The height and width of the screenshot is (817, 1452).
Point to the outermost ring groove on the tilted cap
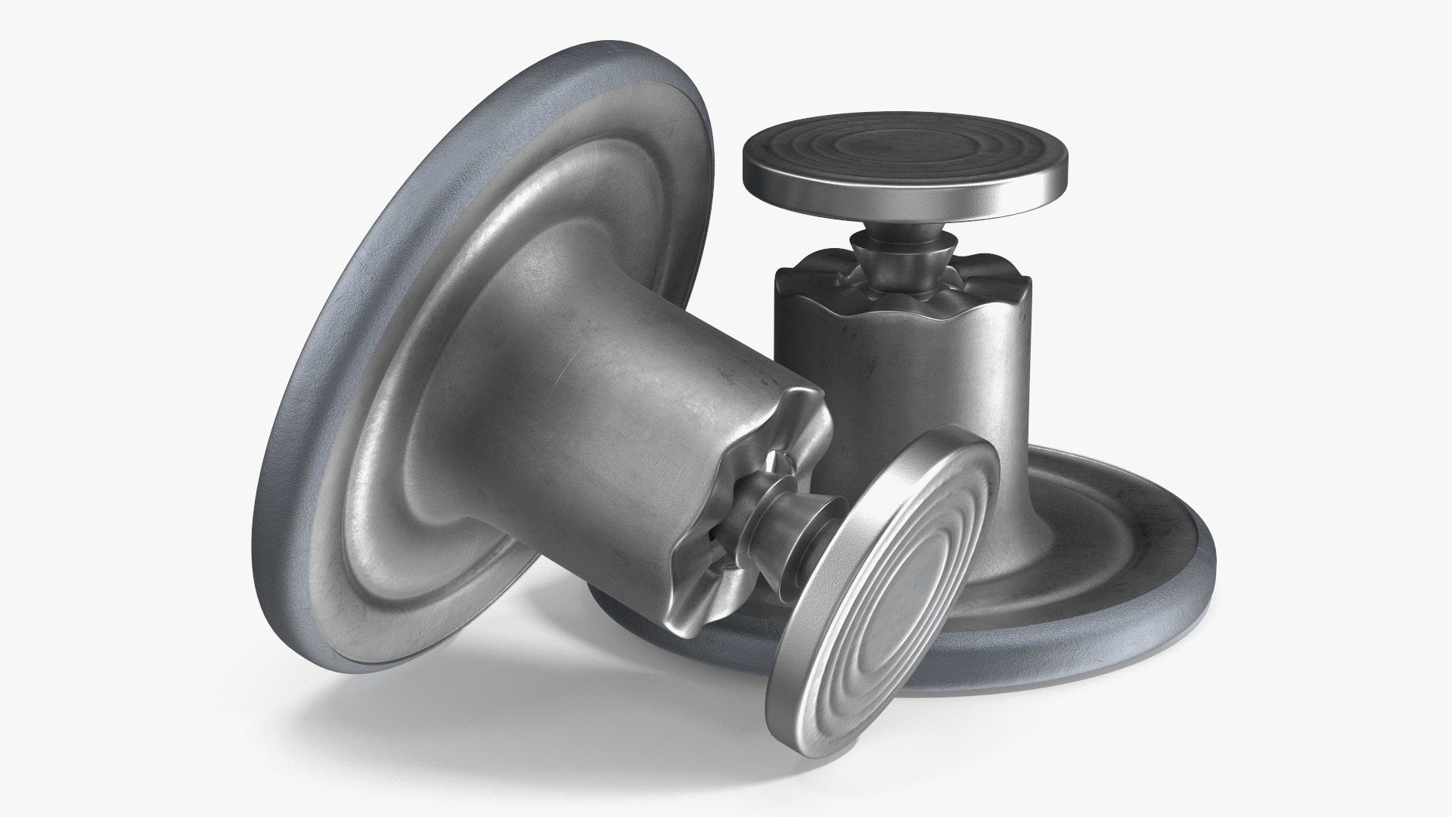[x=855, y=643]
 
